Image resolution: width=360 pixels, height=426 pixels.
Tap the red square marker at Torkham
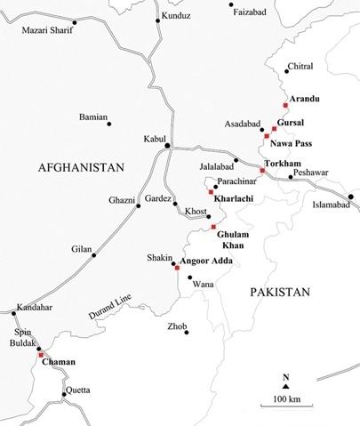(262, 170)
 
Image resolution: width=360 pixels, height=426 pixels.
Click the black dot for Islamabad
(351, 196)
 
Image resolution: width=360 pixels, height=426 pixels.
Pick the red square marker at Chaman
(40, 354)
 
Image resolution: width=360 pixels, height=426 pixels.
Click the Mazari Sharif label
(45, 31)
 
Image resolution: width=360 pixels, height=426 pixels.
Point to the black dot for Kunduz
(158, 20)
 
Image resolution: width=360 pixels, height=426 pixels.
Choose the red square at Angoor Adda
(177, 267)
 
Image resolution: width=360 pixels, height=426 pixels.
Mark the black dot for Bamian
(109, 124)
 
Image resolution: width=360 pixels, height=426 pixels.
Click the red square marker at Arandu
(285, 105)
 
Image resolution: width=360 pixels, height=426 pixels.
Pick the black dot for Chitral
(284, 70)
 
